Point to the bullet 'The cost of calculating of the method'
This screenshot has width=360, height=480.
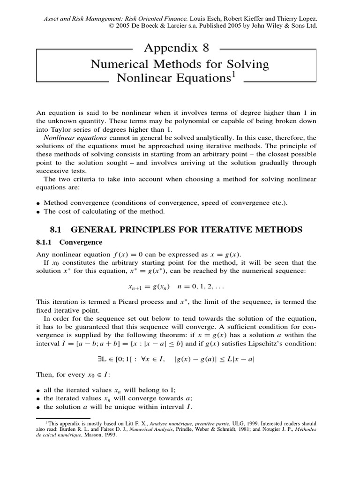pyautogui.click(x=104, y=211)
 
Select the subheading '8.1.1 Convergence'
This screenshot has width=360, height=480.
pyautogui.click(x=69, y=242)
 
